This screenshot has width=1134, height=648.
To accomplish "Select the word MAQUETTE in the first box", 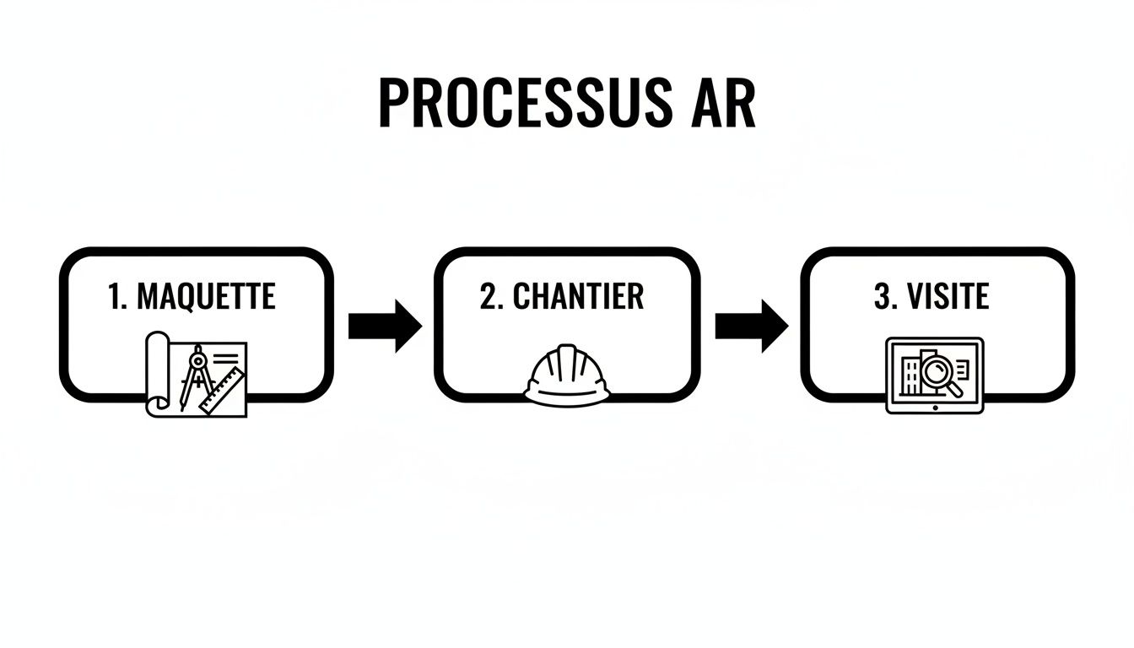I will (x=206, y=296).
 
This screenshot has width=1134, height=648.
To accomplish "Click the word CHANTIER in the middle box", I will (x=578, y=296).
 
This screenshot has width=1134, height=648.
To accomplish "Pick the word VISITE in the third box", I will (x=948, y=298).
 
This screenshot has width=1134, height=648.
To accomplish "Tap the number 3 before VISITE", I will (x=882, y=298).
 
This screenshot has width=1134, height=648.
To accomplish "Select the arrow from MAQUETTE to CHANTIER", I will (x=385, y=325).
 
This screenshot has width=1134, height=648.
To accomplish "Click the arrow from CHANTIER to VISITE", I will (x=752, y=325).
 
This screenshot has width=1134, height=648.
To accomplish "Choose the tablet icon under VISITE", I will (x=935, y=375).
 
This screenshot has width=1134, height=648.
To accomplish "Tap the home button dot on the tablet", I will (x=935, y=408).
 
